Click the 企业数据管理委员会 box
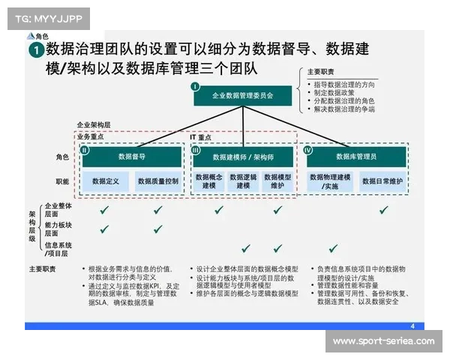tap(241, 95)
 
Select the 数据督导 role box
tap(131, 157)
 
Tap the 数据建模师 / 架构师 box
tap(242, 157)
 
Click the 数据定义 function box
tap(106, 181)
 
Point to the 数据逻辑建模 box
tap(242, 181)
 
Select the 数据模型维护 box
tap(277, 181)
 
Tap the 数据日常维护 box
tap(384, 181)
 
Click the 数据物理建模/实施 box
tap(330, 181)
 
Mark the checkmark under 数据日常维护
tap(384, 211)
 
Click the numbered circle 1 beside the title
tap(35, 50)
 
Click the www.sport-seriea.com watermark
tap(383, 341)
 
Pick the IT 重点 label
tap(202, 137)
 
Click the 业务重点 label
tap(90, 137)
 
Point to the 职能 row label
tap(62, 181)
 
